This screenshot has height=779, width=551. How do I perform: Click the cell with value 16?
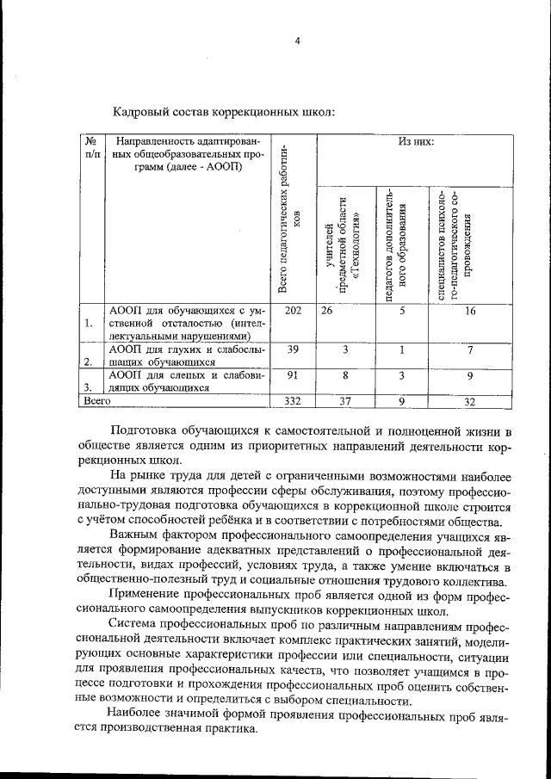(470, 311)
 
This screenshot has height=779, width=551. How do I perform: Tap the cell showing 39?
(293, 349)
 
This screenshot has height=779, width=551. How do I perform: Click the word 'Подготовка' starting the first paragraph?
(145, 430)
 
